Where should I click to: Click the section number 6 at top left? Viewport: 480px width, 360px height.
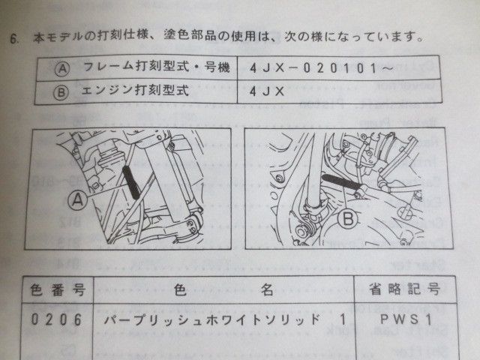coord(13,35)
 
